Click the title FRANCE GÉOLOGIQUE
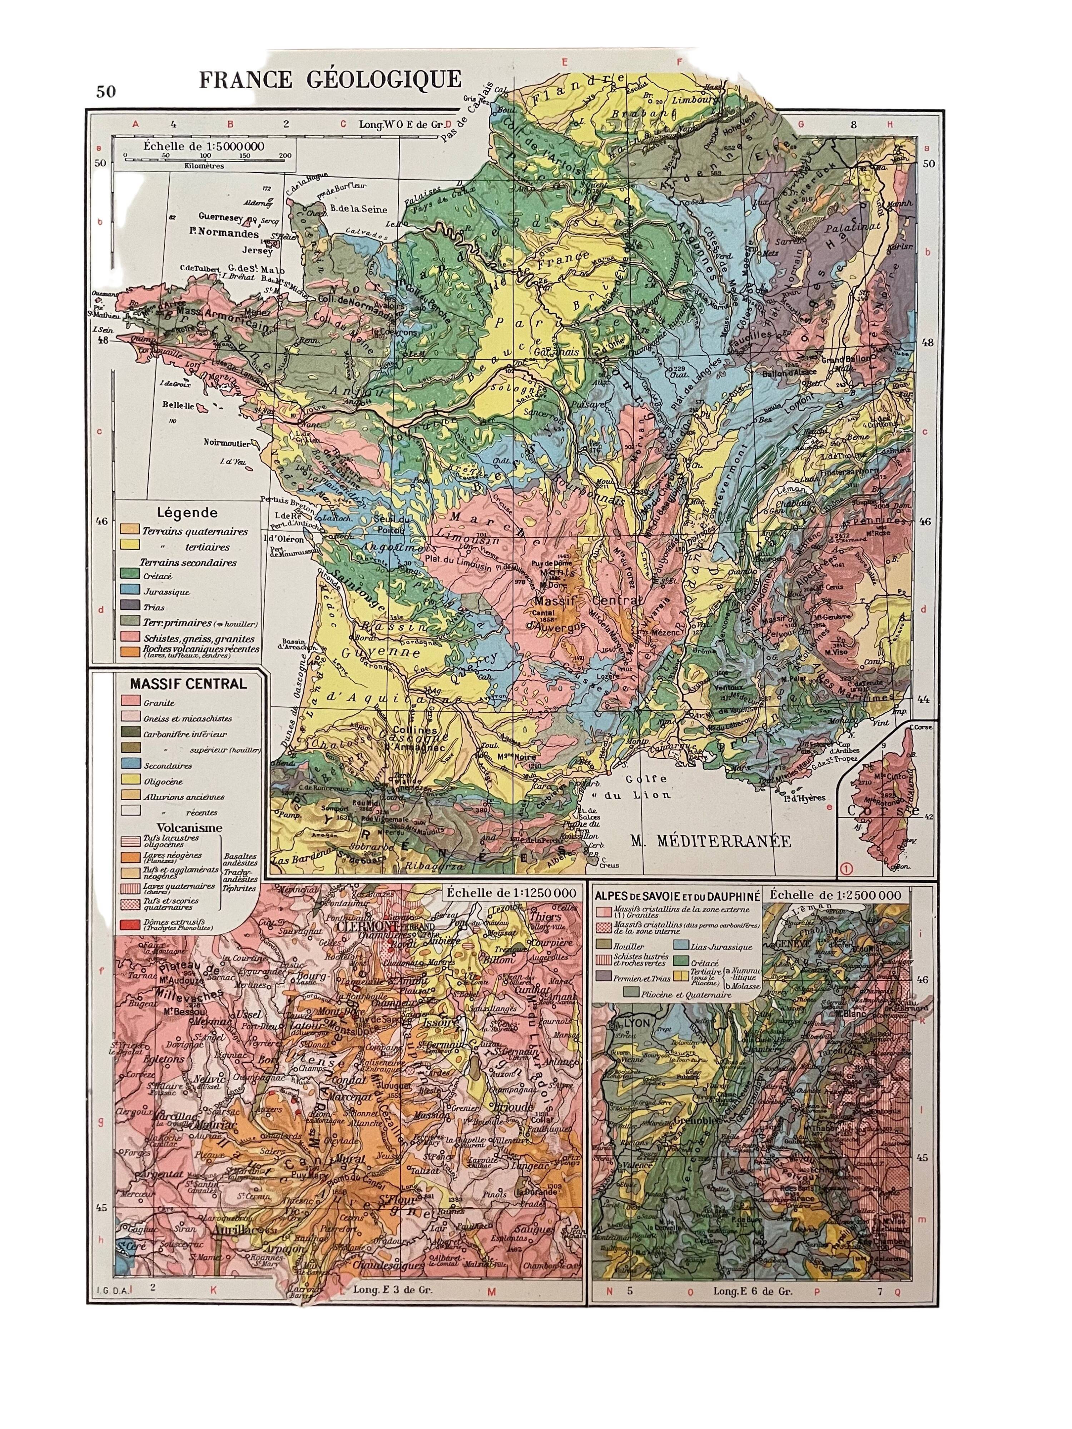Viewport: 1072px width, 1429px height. [329, 79]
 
